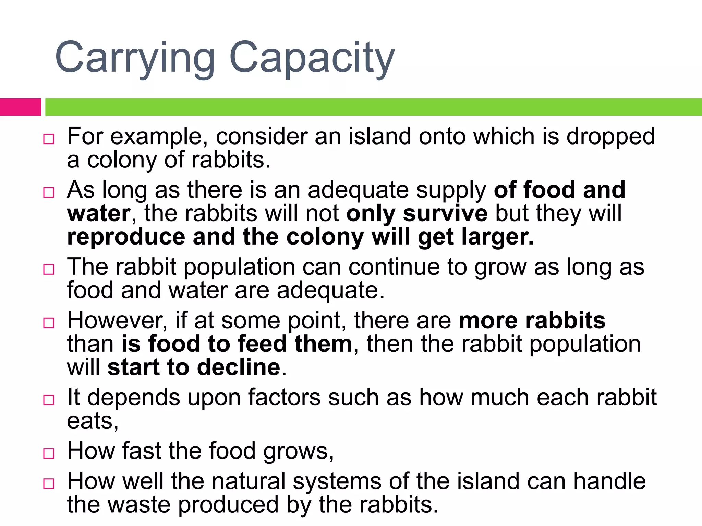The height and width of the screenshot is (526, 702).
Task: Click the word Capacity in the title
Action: pyautogui.click(x=312, y=58)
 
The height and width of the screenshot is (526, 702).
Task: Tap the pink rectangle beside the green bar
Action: pyautogui.click(x=20, y=107)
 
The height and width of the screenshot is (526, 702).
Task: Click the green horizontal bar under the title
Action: pyautogui.click(x=374, y=107)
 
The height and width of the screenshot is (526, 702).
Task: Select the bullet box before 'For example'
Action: pyautogui.click(x=49, y=139)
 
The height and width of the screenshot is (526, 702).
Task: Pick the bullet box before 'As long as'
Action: pyautogui.click(x=49, y=192)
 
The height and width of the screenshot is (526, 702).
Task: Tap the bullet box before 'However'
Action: pyautogui.click(x=49, y=323)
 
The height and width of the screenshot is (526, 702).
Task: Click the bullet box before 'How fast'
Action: pyautogui.click(x=49, y=453)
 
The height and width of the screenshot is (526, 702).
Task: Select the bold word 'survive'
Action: pyautogui.click(x=445, y=213)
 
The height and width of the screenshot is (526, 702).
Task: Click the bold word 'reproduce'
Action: pyautogui.click(x=126, y=237)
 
